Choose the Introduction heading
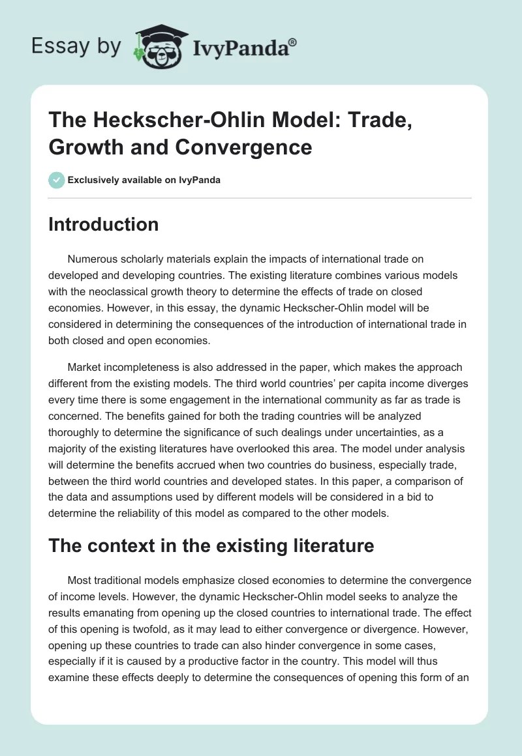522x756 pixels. [x=103, y=224]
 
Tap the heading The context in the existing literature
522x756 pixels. [x=211, y=545]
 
